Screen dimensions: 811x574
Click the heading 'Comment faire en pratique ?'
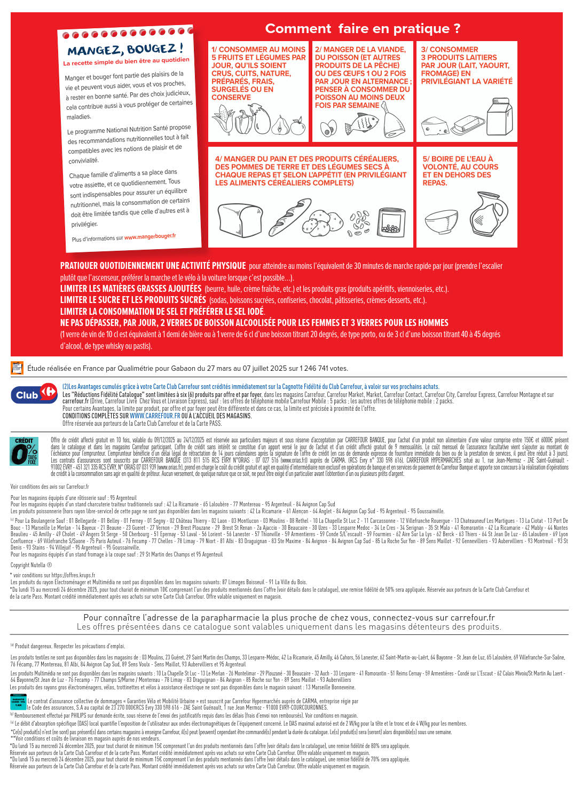363,28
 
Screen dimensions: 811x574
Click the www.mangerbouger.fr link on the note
150,236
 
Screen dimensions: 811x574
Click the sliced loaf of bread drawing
241,220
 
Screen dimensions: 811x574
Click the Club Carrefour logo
34,394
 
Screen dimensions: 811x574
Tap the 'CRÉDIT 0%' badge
24,451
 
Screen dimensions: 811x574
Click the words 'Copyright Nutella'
32,565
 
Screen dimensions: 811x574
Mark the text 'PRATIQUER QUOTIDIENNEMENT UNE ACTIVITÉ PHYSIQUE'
153,266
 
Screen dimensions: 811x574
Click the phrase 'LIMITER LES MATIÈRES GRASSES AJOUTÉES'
130,289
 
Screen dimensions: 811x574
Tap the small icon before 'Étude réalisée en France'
17,368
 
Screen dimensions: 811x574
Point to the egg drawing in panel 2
328,128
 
